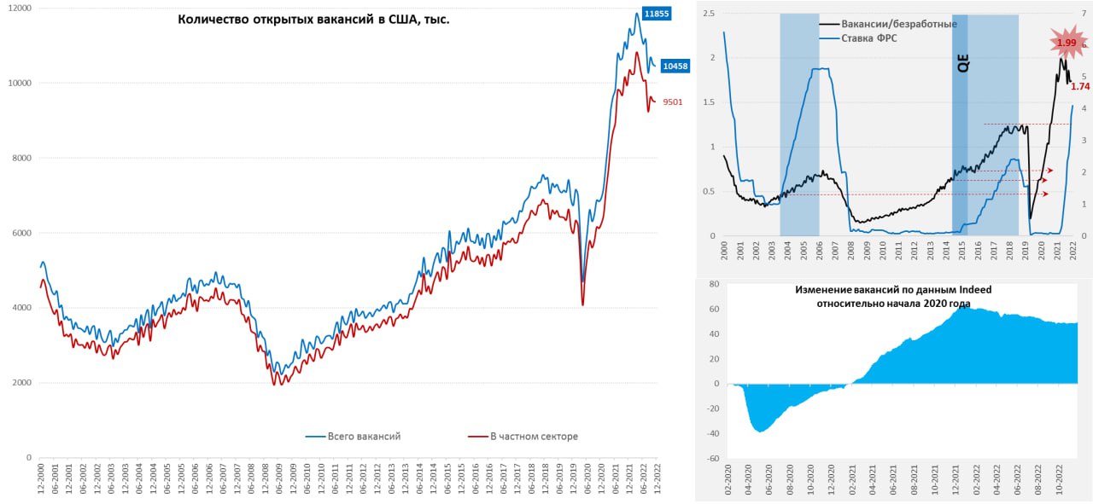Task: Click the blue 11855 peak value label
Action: [x=657, y=14]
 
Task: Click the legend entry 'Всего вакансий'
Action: [x=364, y=437]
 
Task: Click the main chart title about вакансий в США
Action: [x=313, y=19]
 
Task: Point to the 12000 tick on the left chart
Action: [x=19, y=8]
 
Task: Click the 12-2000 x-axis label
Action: [x=41, y=480]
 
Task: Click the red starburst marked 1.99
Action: [x=1066, y=42]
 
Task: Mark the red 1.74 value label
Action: [x=1079, y=86]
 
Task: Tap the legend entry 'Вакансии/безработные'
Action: [x=899, y=24]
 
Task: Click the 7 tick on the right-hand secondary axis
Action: [x=1084, y=14]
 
